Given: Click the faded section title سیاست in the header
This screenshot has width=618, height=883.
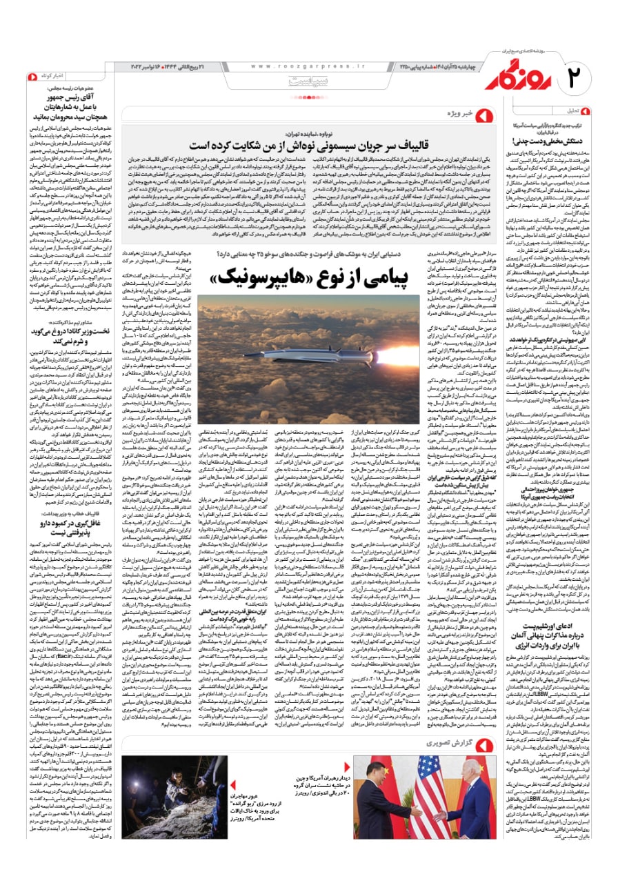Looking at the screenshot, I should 307,82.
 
